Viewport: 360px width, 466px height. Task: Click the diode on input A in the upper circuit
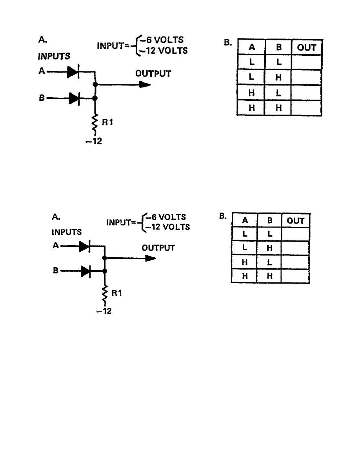click(x=74, y=72)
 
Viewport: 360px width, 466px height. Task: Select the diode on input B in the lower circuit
click(x=86, y=271)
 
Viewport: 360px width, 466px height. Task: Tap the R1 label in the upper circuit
click(x=107, y=122)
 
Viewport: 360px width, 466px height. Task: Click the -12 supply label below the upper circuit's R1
click(x=94, y=141)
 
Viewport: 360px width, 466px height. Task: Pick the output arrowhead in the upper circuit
click(x=145, y=84)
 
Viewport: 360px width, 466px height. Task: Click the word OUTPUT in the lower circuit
click(x=158, y=248)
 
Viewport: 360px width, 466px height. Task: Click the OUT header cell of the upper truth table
click(x=307, y=47)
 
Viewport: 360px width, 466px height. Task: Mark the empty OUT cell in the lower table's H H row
click(x=295, y=276)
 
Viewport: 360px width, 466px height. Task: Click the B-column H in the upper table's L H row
click(x=278, y=78)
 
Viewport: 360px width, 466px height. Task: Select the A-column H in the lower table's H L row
click(x=245, y=262)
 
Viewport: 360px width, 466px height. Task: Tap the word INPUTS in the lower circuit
click(x=67, y=232)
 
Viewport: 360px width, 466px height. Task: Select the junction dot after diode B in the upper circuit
click(x=95, y=98)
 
